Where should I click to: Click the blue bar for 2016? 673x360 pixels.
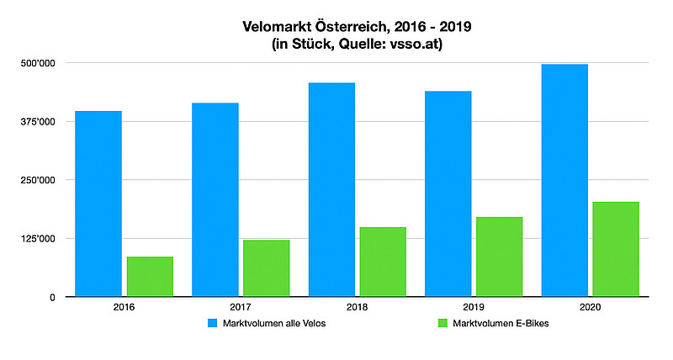(98, 204)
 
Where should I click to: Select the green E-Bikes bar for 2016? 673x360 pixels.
(150, 277)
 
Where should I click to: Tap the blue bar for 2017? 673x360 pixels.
(215, 199)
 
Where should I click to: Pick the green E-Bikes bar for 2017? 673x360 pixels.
(267, 268)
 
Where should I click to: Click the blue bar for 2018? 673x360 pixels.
(331, 189)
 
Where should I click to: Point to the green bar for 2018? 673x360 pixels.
(383, 262)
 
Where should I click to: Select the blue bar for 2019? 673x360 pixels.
(448, 193)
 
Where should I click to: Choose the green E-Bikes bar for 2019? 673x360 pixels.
(500, 257)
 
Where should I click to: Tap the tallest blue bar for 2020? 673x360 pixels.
(564, 180)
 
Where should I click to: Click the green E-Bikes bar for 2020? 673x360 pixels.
(616, 249)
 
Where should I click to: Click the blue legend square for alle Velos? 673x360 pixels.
(213, 323)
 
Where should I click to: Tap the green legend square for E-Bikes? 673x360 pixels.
(442, 323)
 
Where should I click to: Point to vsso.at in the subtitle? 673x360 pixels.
(416, 44)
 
